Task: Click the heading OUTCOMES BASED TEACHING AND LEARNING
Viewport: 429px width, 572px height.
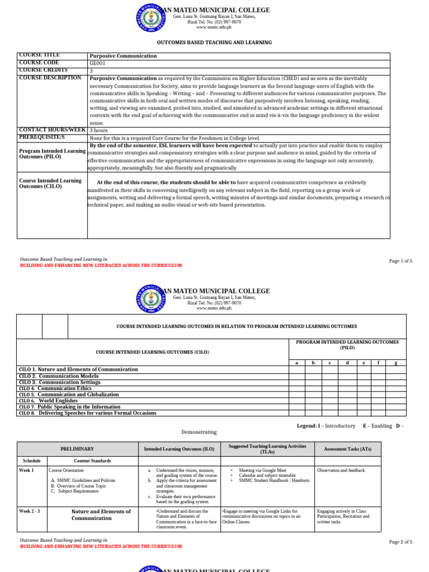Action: click(214, 42)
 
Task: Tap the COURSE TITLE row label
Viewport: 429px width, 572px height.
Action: click(40, 55)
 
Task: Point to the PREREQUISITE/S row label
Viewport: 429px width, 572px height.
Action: click(42, 137)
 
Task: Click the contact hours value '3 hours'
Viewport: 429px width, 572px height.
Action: click(99, 130)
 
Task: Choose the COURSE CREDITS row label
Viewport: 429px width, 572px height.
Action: click(44, 70)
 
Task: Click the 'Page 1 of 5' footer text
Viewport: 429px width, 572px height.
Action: click(401, 261)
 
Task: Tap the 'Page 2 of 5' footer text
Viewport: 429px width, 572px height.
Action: click(401, 542)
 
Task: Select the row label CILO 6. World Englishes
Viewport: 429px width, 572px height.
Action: click(49, 401)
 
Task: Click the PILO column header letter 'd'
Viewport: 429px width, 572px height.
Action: click(347, 363)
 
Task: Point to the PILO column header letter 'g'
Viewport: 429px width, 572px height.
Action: click(395, 363)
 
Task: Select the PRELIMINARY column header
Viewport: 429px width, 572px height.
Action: click(77, 449)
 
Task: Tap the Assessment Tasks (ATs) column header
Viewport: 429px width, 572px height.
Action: click(347, 449)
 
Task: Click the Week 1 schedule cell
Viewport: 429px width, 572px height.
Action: click(26, 470)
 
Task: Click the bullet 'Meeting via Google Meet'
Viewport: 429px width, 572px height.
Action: click(263, 470)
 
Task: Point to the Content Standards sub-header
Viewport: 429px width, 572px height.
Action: click(93, 461)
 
